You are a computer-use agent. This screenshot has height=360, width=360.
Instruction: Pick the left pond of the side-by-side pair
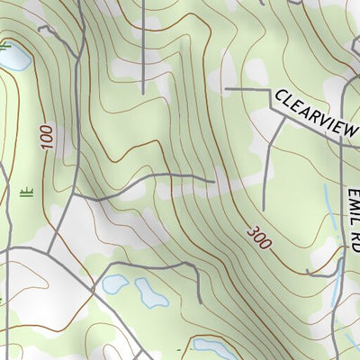tap(113, 285)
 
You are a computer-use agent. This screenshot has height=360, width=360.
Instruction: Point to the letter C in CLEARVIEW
tap(281, 95)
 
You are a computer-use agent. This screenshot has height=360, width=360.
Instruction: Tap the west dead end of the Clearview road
tap(226, 89)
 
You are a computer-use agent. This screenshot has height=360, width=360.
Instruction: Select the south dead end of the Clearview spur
tap(263, 209)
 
